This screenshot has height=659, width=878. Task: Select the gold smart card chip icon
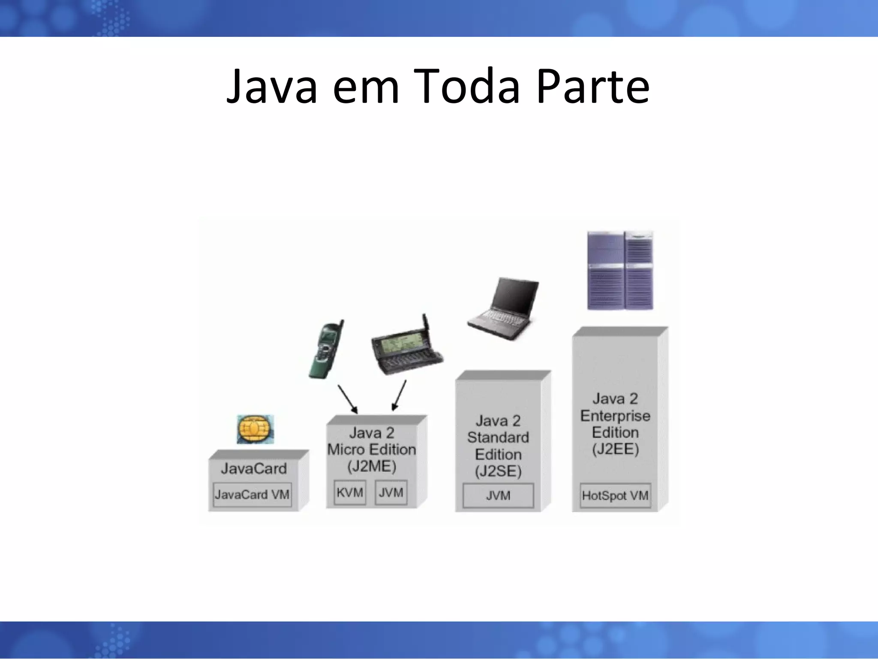click(256, 429)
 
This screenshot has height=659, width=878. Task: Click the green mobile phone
click(326, 349)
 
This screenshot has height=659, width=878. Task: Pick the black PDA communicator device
click(406, 349)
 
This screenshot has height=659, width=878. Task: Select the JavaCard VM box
click(252, 495)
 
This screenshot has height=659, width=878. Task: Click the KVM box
click(350, 492)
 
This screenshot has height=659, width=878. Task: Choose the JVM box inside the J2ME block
click(391, 492)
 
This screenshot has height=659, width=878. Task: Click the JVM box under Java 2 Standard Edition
click(498, 496)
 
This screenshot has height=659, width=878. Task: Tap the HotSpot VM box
click(615, 496)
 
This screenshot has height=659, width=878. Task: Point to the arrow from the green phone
click(348, 399)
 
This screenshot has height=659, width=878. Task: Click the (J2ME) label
click(371, 466)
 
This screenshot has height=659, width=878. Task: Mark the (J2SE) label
click(498, 472)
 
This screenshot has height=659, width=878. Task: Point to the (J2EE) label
click(615, 449)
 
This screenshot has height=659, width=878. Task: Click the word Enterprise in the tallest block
click(615, 416)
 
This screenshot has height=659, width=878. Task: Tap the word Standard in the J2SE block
click(498, 438)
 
